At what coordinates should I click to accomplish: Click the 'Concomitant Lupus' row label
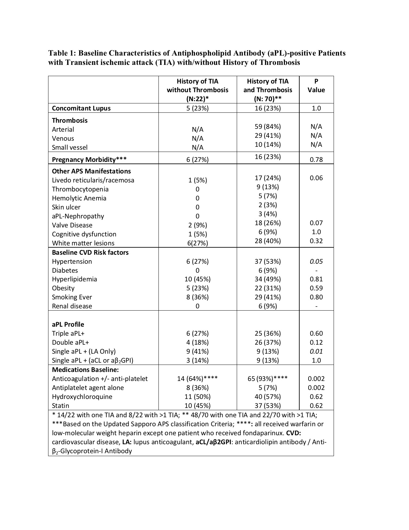point(81,108)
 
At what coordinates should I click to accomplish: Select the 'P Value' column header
point(316,86)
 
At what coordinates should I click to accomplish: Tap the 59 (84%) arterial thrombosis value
point(268,127)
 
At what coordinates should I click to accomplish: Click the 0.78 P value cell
point(316,160)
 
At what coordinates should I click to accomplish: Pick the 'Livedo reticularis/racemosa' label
point(93,180)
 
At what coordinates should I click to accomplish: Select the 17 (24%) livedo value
point(268,178)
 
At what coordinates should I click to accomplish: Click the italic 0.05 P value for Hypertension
point(316,261)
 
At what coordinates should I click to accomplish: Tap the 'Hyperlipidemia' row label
point(74,279)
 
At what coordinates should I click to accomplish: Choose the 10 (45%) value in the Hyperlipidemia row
point(197,279)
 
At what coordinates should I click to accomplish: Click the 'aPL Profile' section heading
point(68,324)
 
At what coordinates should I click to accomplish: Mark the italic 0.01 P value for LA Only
point(316,351)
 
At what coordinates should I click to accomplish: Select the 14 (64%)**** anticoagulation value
point(197,379)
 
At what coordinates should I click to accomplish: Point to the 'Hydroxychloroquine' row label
point(82,397)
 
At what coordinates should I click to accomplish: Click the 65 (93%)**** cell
point(268,379)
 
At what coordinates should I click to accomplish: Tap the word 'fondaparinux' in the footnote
point(263,433)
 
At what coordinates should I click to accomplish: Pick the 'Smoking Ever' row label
point(72,297)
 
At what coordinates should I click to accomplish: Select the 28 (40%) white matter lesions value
point(268,241)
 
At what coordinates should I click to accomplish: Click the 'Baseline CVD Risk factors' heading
point(90,252)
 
